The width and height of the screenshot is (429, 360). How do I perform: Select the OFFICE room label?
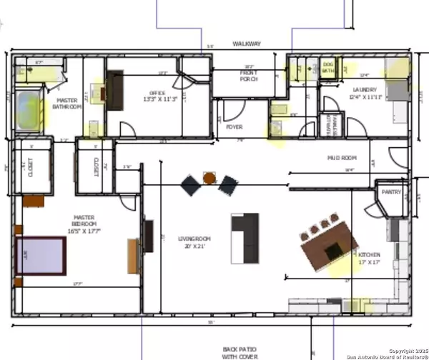point(158,96)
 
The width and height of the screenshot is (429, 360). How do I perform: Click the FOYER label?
point(235,127)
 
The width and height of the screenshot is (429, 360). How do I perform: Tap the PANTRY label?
point(391,192)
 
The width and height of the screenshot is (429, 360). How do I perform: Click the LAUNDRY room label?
point(359,93)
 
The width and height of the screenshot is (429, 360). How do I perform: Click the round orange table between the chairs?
point(209,178)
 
